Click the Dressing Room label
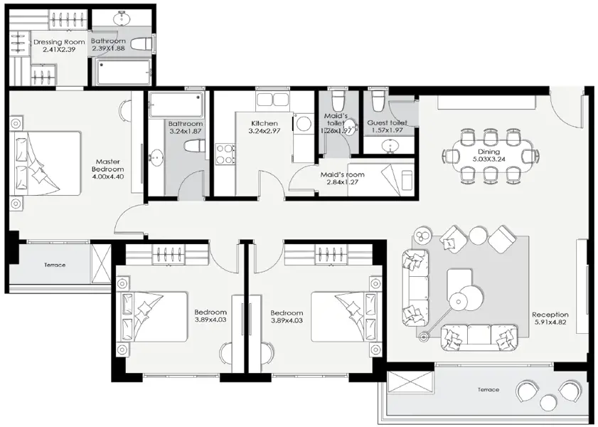[x=59, y=42]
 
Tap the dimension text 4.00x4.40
[x=108, y=176]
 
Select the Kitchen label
[x=265, y=123]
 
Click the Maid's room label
[x=342, y=175]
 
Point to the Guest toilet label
[x=387, y=123]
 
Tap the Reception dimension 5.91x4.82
[x=550, y=322]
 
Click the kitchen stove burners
[x=225, y=154]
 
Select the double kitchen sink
[x=272, y=99]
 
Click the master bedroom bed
[x=46, y=164]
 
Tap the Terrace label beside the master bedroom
[x=55, y=265]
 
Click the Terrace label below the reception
[x=488, y=389]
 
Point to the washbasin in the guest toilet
[x=389, y=146]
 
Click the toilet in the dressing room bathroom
[x=143, y=44]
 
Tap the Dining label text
[x=488, y=152]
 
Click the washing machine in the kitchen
[x=304, y=123]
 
